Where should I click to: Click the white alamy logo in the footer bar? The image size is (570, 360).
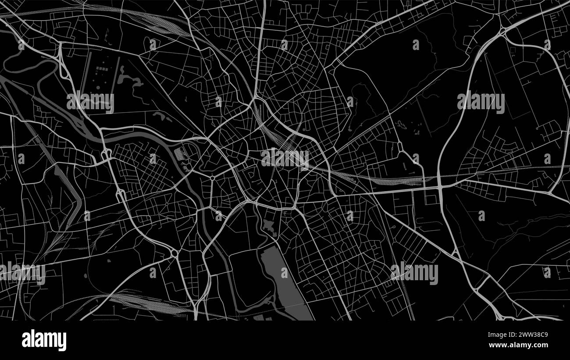tap(44, 340)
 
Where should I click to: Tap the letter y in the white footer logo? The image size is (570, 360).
tap(62, 342)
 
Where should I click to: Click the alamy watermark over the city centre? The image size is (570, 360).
tap(285, 159)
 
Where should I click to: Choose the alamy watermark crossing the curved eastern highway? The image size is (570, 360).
tap(481, 102)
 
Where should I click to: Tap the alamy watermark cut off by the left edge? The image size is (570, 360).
tap(22, 273)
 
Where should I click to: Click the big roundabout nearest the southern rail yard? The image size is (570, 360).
tap(174, 253)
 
